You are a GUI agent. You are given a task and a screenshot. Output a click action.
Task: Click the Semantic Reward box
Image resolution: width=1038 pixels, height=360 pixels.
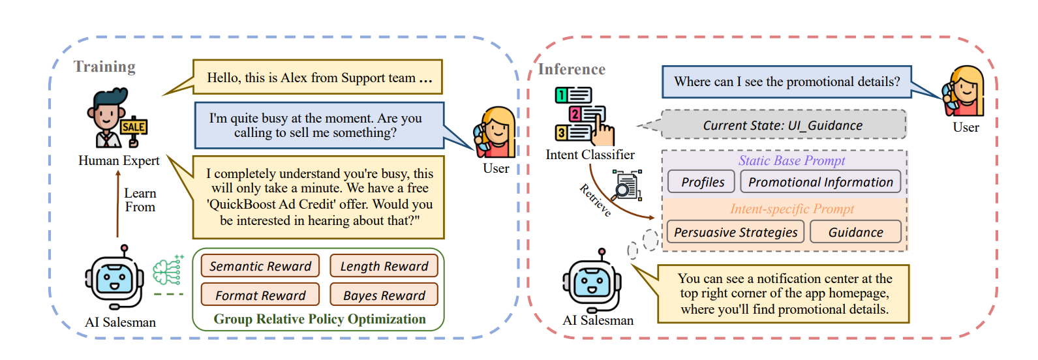260,266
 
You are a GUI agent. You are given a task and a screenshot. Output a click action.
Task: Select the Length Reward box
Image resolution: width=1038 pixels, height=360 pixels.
384,266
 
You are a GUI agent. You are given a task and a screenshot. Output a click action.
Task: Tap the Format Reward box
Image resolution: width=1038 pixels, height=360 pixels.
260,295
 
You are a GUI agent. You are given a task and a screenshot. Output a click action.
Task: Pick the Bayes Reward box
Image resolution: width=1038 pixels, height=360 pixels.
384,295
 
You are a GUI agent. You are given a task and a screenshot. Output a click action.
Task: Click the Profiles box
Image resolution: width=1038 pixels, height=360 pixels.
702,182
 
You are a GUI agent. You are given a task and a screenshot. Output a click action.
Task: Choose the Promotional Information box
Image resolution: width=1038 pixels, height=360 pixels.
820,182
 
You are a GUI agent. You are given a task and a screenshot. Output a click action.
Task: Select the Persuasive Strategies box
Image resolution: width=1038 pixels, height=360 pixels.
735,232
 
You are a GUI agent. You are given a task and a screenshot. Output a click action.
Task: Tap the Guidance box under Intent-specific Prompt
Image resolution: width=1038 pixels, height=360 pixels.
855,232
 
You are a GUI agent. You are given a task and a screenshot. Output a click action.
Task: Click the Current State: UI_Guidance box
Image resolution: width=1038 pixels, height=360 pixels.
783,125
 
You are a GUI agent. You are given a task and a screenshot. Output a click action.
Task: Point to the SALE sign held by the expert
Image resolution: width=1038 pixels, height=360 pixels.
133,127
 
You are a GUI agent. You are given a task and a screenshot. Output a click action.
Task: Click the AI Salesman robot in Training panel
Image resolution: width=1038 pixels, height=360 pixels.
114,278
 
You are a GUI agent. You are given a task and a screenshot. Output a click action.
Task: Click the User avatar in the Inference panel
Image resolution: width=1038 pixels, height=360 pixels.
964,91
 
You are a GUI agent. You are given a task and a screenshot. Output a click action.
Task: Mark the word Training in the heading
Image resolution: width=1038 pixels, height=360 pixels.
104,67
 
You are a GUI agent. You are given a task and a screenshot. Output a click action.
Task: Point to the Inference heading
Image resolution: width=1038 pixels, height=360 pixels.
572,69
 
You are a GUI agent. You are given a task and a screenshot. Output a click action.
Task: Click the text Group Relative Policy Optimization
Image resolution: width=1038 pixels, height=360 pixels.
320,319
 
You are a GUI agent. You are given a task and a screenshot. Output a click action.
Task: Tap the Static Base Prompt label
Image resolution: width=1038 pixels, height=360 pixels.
791,160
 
